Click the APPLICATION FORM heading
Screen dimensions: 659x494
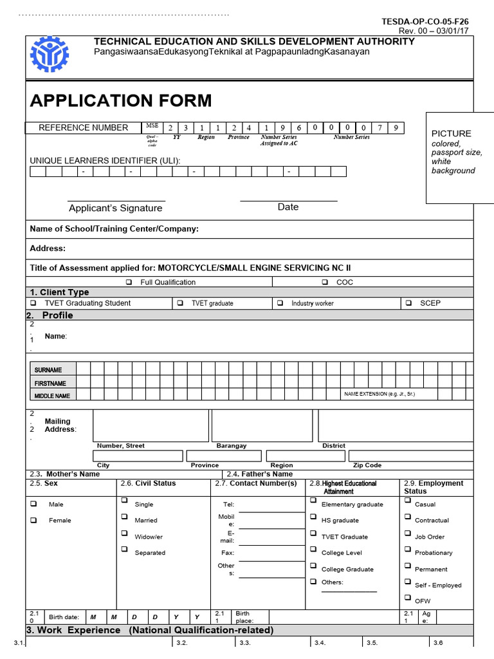click(x=120, y=100)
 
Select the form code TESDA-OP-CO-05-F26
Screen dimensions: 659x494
click(x=425, y=21)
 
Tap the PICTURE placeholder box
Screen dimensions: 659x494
click(x=460, y=157)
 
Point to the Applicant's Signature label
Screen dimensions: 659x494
click(x=116, y=208)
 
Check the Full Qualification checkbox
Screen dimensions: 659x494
click(x=129, y=282)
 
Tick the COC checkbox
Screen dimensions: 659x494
click(x=325, y=282)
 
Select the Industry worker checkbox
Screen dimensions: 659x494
click(x=280, y=302)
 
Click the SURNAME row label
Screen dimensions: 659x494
click(x=49, y=370)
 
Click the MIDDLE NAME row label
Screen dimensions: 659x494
click(x=53, y=396)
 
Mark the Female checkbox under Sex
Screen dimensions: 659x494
click(x=33, y=520)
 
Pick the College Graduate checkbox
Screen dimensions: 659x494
click(x=313, y=566)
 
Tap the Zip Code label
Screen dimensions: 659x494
click(x=367, y=465)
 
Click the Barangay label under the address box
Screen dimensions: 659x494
click(x=232, y=445)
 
